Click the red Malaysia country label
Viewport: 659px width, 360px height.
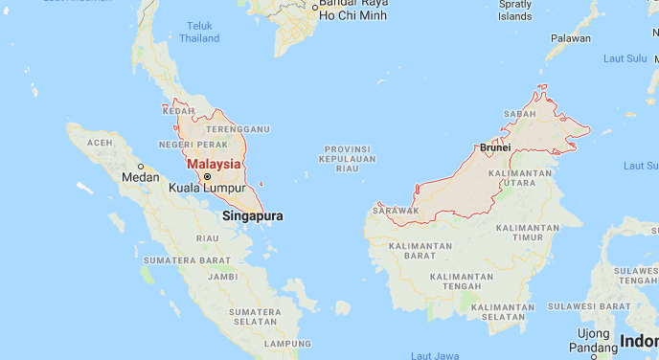click(214, 163)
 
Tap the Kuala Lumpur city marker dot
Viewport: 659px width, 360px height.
click(207, 176)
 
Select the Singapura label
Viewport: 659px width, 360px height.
click(253, 216)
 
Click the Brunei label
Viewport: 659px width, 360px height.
click(495, 147)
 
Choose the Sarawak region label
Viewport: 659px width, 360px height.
click(397, 209)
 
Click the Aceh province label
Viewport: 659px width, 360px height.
click(100, 143)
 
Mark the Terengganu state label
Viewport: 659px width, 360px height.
click(239, 128)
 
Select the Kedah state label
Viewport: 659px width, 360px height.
click(178, 111)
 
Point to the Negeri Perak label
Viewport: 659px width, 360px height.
click(193, 145)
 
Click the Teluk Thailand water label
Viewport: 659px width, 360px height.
click(199, 33)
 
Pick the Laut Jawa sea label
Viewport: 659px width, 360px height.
click(434, 355)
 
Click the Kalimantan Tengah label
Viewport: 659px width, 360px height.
click(462, 282)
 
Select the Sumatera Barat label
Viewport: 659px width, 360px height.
click(187, 260)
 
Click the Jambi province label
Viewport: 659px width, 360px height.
click(222, 276)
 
